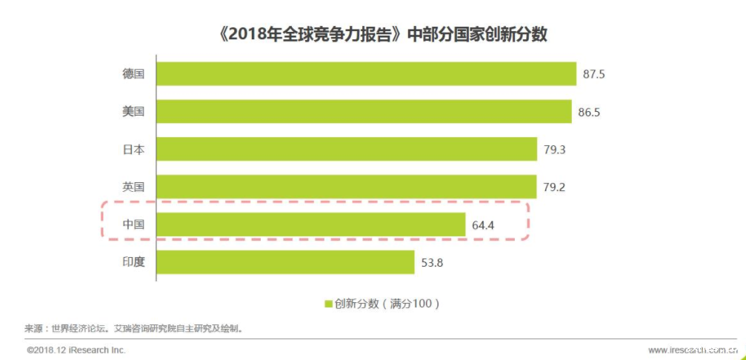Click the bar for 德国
(366, 74)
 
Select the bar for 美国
(364, 112)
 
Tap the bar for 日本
(346, 150)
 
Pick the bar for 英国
(346, 187)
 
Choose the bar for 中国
(310, 224)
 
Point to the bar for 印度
(285, 262)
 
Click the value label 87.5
(595, 74)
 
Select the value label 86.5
(590, 112)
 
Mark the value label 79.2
(554, 187)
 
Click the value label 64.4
(483, 224)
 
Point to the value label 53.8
(432, 262)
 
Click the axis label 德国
(133, 74)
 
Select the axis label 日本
(133, 150)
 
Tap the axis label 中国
(133, 224)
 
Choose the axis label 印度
(133, 262)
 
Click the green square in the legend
(327, 303)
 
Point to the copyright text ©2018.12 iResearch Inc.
(76, 350)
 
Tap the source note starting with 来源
(134, 327)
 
